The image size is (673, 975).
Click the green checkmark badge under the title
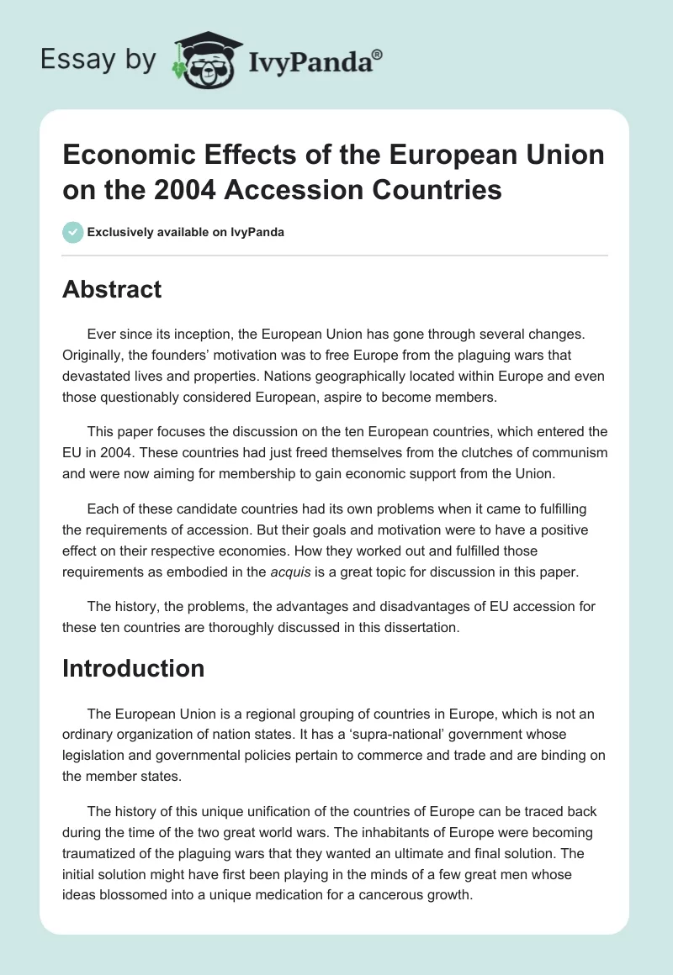pyautogui.click(x=73, y=232)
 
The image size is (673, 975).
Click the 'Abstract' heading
pyautogui.click(x=112, y=290)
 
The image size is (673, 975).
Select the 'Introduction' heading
pyautogui.click(x=134, y=668)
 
